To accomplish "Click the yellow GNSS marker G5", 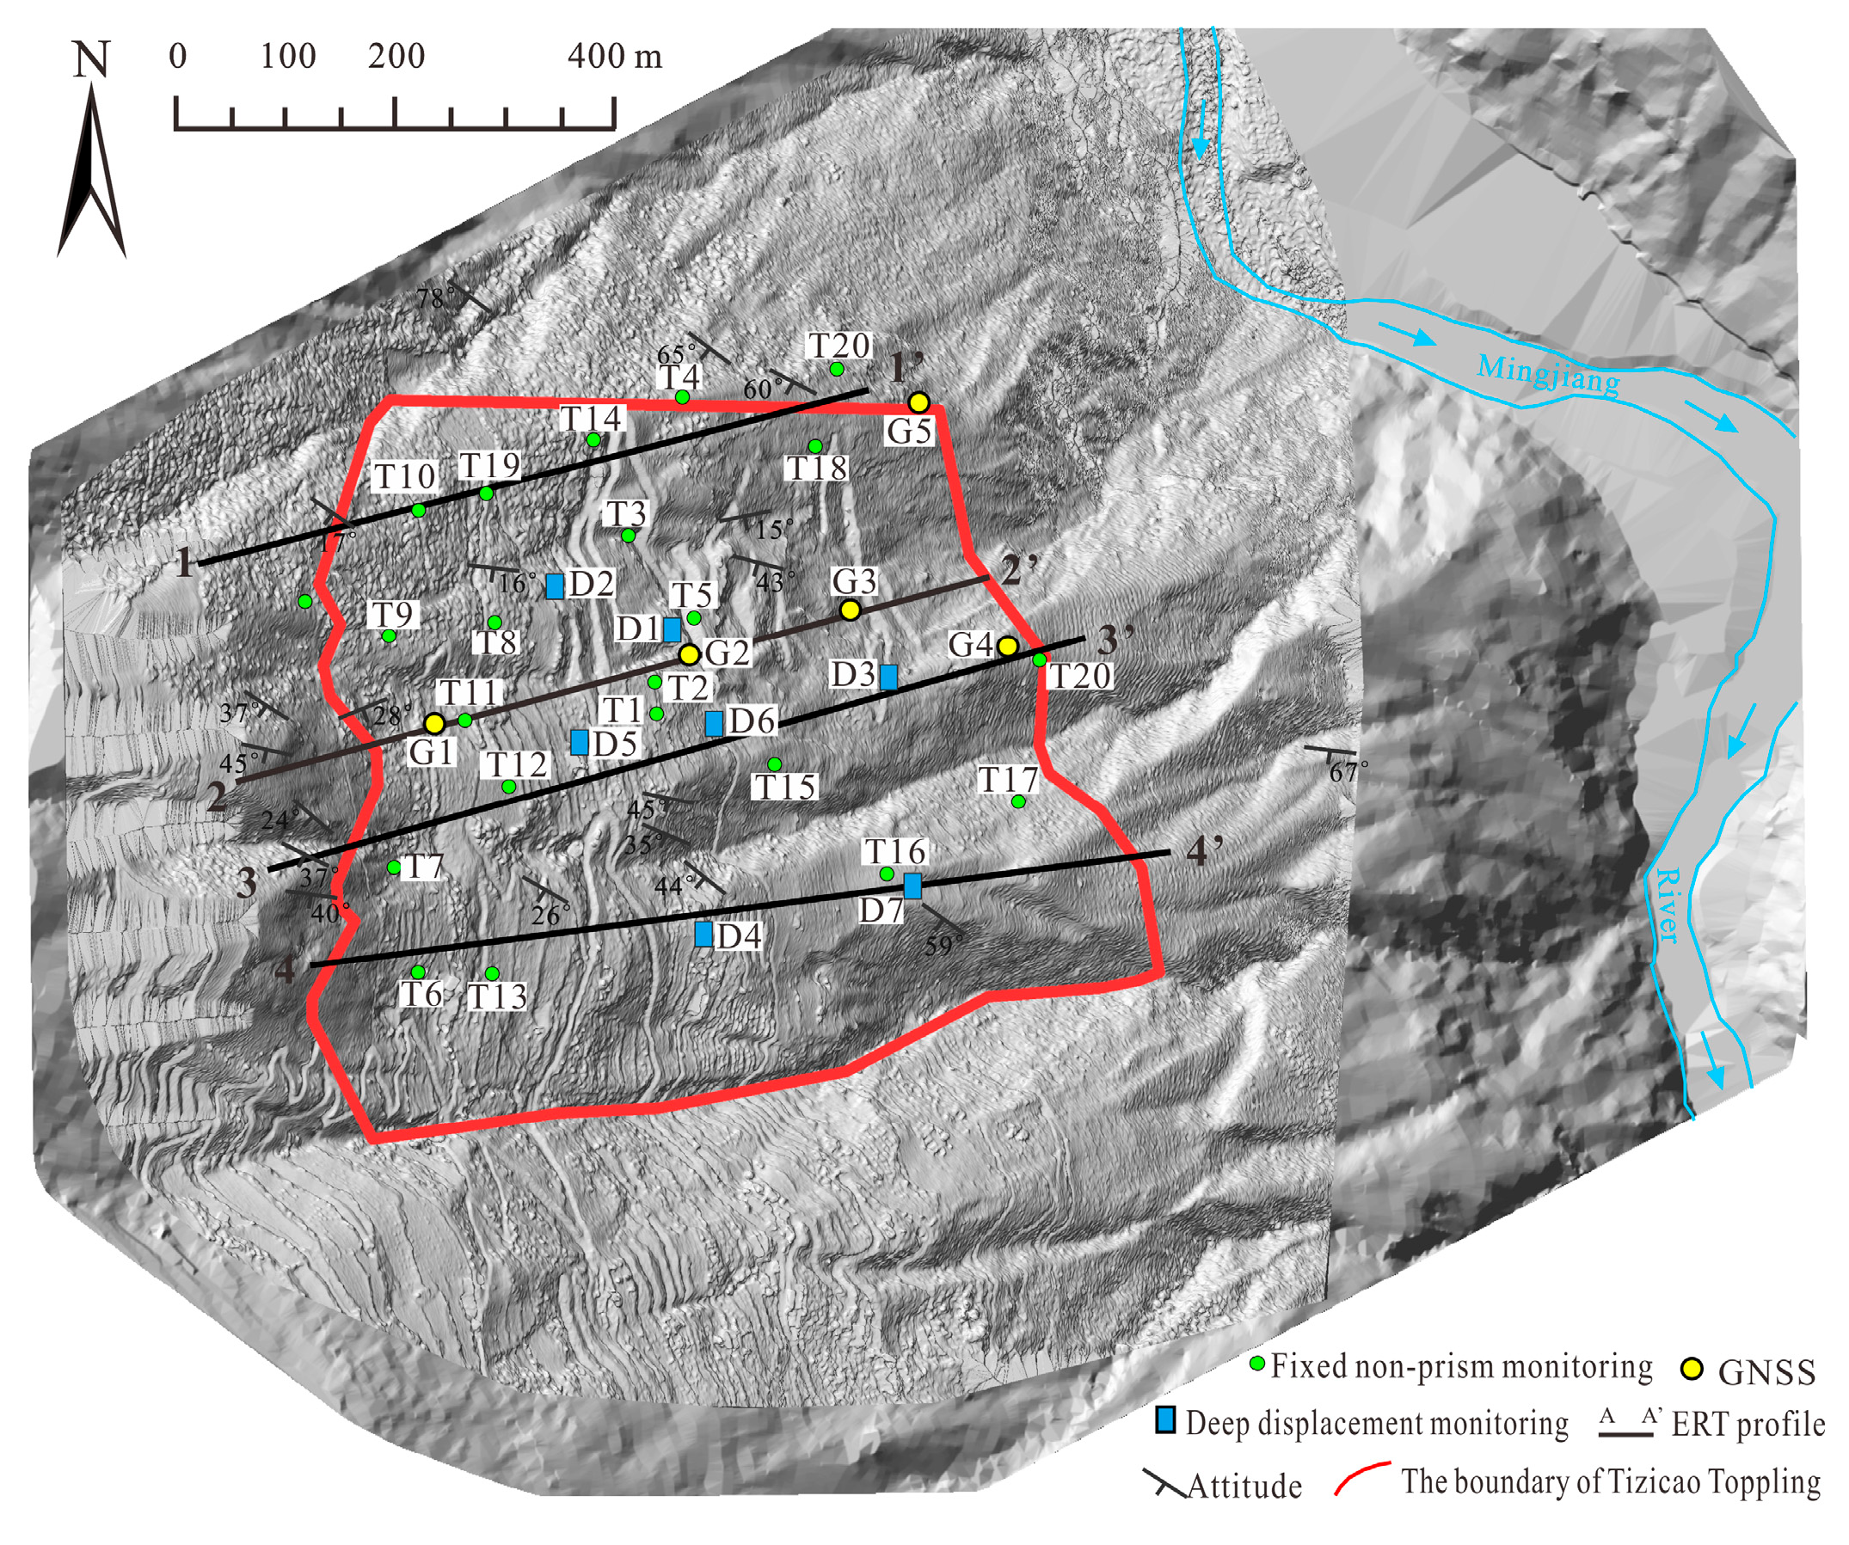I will coord(918,402).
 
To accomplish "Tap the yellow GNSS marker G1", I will coord(434,724).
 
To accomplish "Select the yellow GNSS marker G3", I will coord(850,610).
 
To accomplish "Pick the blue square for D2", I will coord(555,586).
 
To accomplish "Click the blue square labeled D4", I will coord(703,934).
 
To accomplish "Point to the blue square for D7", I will coord(913,886).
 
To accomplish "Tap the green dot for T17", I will coord(1018,802).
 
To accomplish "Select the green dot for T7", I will coord(394,868).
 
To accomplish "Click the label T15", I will coord(784,787).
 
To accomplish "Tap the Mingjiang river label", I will coord(1547,374).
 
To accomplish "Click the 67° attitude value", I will coord(1348,772).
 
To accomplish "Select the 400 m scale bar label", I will coord(614,58).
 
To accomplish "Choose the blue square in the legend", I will coord(1166,1420).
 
